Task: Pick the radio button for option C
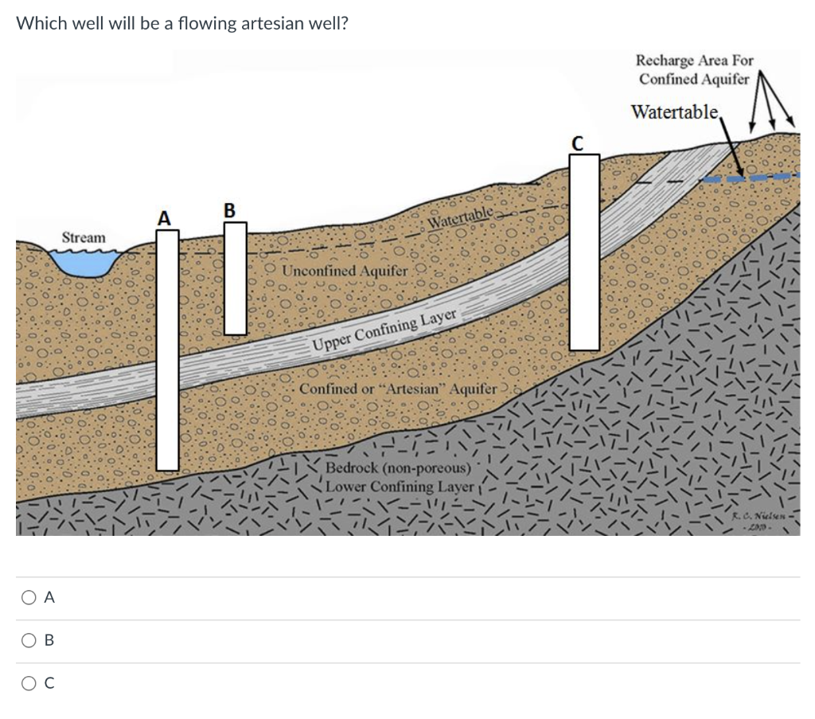pos(28,683)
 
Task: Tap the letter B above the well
pos(230,210)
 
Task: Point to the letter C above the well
pos(579,143)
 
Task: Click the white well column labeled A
pos(167,350)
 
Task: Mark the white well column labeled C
pos(584,251)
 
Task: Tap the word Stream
pos(84,237)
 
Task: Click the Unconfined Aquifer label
pos(345,271)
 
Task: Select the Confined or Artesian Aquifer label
pos(398,389)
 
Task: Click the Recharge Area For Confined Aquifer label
pos(694,69)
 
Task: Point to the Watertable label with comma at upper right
pos(676,111)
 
